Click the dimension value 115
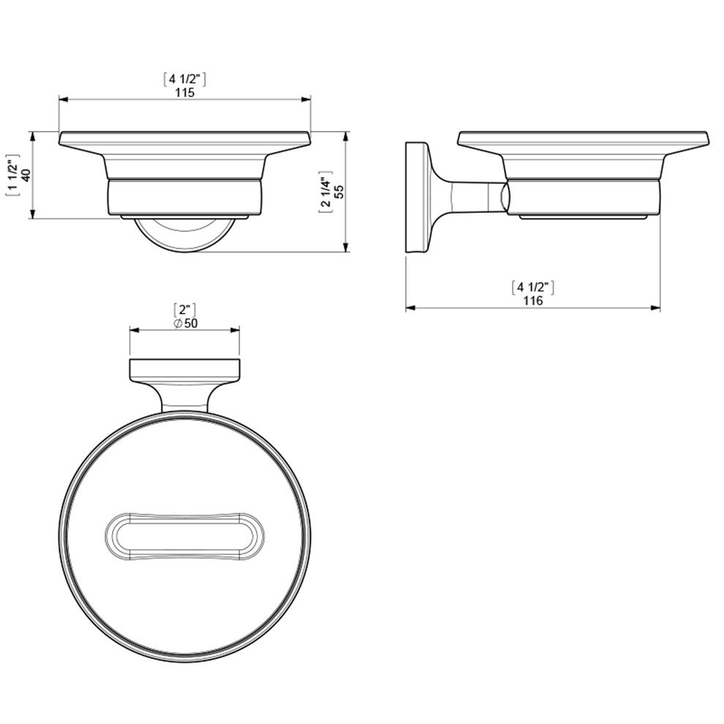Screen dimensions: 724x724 click(x=185, y=92)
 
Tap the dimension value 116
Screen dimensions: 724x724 click(x=533, y=301)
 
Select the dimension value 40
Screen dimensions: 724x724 click(x=26, y=175)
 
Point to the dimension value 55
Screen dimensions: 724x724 click(x=339, y=191)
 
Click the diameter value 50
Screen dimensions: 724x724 click(x=191, y=323)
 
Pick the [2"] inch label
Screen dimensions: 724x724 click(x=185, y=309)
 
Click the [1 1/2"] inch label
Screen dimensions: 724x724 click(x=12, y=175)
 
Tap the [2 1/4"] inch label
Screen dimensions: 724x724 click(x=325, y=191)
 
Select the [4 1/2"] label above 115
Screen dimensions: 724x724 click(x=185, y=80)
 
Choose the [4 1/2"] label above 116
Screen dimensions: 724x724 click(x=533, y=287)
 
